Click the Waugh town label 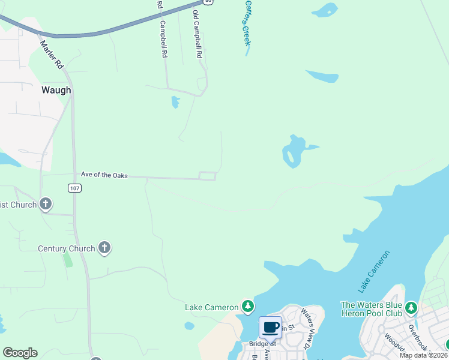coord(56,90)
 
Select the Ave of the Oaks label coord(104,175)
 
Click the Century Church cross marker coord(104,247)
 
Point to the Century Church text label coord(66,248)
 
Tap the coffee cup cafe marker coord(270,327)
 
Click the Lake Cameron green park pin coord(247,307)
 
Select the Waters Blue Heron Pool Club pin coord(411,308)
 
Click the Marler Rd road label coord(52,53)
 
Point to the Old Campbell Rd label coord(197,34)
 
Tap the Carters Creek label coord(246,22)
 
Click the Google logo coord(20,353)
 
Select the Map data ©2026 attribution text coord(423,355)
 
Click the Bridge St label coord(262,344)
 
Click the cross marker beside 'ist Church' coord(46,204)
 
